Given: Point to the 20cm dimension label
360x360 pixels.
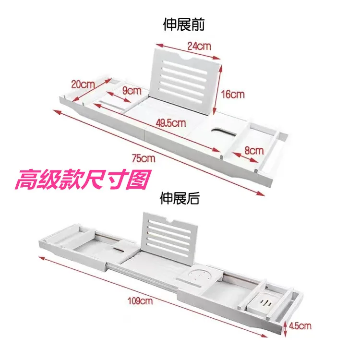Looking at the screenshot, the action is click(83, 84).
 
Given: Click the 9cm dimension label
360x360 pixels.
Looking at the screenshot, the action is click(131, 90).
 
